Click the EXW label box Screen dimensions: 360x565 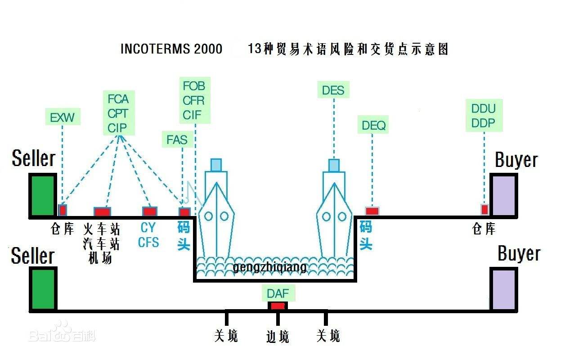point(63,118)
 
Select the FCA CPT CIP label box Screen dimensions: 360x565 point(118,113)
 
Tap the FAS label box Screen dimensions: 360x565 point(177,139)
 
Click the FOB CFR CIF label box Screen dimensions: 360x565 point(194,100)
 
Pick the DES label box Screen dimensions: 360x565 point(333,90)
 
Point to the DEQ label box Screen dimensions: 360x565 point(373,125)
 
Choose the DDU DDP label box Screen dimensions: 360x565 point(483,116)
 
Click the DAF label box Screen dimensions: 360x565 point(278,294)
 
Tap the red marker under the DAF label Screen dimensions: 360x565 point(278,306)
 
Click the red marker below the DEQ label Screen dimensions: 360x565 point(372,211)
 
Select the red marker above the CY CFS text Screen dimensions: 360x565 point(149,211)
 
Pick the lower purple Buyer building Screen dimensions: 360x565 point(503,289)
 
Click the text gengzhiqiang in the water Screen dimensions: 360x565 point(269,267)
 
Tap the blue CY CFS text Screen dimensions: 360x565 point(148,235)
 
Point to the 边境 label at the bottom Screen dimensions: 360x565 point(278,337)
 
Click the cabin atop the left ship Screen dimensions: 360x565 point(216,165)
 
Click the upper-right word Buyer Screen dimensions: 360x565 point(516,160)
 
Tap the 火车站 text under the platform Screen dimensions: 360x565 point(102,229)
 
